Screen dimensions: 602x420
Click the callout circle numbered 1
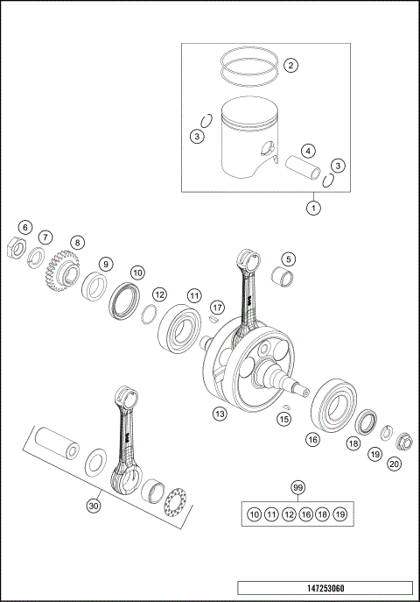click(x=312, y=208)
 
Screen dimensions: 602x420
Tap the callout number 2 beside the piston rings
click(x=289, y=65)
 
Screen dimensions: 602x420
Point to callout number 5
click(x=287, y=259)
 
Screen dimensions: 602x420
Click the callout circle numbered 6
click(x=25, y=228)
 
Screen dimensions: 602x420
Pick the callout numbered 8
click(x=77, y=243)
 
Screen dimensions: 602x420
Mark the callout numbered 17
click(x=217, y=307)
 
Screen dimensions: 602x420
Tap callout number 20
click(x=395, y=464)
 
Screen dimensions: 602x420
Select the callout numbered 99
click(x=298, y=487)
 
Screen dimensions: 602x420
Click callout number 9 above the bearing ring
click(x=105, y=264)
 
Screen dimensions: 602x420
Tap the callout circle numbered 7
click(x=45, y=237)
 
